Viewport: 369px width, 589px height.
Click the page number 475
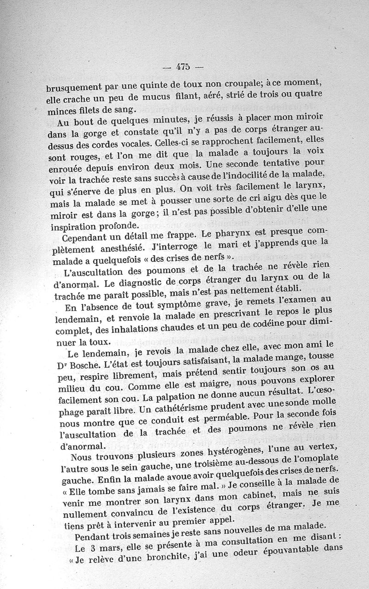tap(183, 66)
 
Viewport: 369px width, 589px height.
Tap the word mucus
tap(140, 98)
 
